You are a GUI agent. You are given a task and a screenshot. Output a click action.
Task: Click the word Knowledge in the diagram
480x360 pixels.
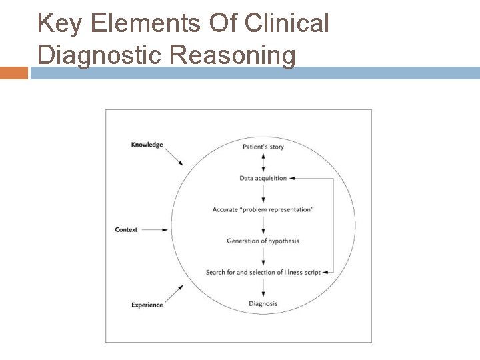click(x=147, y=145)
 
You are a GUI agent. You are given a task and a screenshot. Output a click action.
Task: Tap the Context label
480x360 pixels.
click(x=126, y=230)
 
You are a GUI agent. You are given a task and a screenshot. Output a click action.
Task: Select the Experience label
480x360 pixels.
click(x=147, y=305)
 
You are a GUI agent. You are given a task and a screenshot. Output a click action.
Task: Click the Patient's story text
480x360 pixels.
click(x=263, y=147)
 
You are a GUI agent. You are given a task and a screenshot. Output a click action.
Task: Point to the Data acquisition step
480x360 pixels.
click(x=263, y=178)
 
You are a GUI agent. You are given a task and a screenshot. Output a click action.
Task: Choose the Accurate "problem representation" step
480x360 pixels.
click(x=263, y=209)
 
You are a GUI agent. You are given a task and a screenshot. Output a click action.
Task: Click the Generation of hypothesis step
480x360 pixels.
click(x=263, y=241)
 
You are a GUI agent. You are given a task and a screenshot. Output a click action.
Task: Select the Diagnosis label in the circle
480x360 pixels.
click(x=263, y=303)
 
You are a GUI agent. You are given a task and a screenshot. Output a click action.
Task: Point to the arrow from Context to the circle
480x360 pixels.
click(x=155, y=230)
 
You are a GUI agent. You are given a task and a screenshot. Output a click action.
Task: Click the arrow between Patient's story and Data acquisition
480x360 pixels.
click(x=264, y=162)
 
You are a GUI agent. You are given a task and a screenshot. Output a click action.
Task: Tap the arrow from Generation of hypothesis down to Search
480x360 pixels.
click(x=264, y=256)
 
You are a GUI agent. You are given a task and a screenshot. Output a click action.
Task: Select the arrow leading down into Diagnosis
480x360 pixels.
click(x=264, y=287)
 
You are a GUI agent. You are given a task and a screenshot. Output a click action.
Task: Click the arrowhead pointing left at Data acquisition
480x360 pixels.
click(x=294, y=178)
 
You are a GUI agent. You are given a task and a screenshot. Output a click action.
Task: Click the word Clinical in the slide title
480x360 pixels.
click(x=289, y=23)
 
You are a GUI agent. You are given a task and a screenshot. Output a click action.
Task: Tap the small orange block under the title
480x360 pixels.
click(x=13, y=72)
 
